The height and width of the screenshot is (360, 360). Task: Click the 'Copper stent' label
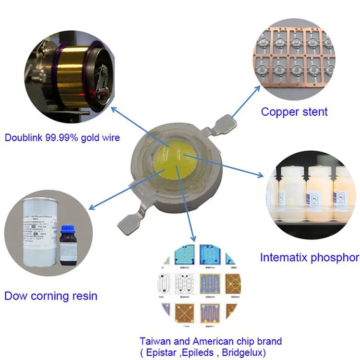[x=294, y=112]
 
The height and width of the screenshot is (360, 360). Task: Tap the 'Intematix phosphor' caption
[x=309, y=257]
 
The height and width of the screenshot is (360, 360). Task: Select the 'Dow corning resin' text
[x=51, y=296]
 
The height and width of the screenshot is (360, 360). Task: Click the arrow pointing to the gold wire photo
[x=139, y=126]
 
